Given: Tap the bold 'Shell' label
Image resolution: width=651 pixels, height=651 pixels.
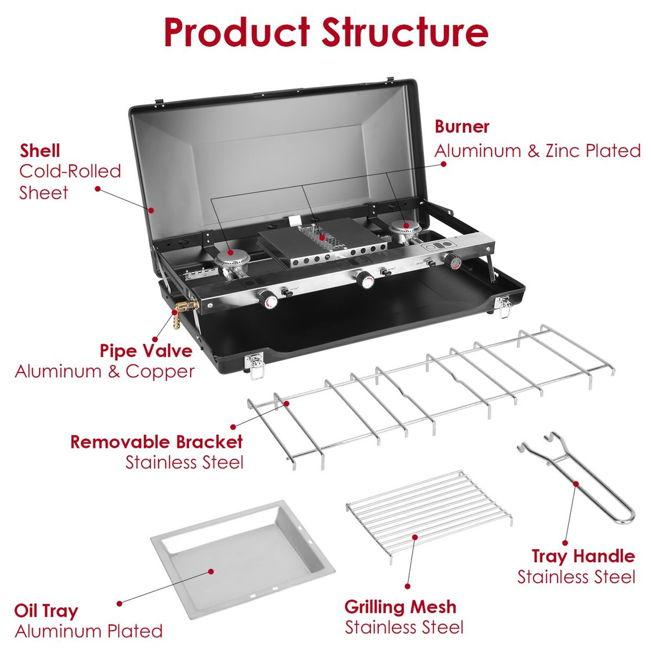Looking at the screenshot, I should coord(40,151).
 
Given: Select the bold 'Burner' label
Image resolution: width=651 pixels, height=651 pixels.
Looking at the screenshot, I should coord(462,127).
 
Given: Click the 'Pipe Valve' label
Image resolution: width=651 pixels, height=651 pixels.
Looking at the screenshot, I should coord(146,351).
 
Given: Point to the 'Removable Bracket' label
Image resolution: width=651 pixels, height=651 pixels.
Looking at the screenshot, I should coord(157,441).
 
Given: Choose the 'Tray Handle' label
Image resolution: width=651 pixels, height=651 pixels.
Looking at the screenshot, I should coord(583,556).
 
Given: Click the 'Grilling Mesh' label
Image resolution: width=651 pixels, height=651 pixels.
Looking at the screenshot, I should coord(400,607).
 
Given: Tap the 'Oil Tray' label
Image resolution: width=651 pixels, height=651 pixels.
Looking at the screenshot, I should coord(46,611).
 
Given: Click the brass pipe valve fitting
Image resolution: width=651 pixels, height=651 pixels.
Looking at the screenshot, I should coord(185,308).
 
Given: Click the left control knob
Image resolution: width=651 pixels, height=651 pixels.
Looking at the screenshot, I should coord(269,300).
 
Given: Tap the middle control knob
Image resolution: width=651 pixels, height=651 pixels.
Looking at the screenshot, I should coord(364,278).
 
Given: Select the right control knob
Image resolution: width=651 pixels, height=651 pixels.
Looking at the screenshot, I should coord(452,260).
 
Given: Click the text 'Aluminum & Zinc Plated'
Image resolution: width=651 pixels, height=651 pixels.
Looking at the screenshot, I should coord(537,151).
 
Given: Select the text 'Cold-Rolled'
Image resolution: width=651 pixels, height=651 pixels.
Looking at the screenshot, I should coord(70,171).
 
